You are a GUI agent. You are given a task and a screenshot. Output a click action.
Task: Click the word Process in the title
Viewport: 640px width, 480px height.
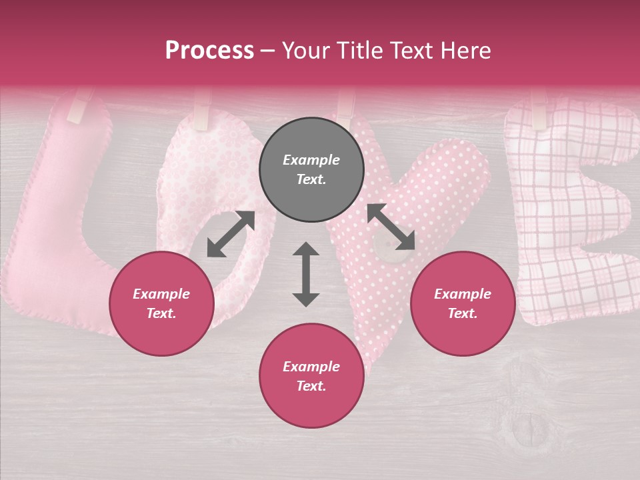pos(209,51)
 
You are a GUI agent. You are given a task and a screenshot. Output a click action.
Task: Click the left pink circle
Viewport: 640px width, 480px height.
pos(161,303)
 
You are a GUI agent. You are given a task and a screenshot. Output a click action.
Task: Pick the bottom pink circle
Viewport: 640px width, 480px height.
pos(311,376)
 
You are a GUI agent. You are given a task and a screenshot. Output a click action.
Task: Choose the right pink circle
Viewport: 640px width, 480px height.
pos(463,303)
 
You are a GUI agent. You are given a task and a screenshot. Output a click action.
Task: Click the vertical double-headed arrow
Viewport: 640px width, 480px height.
pos(306,274)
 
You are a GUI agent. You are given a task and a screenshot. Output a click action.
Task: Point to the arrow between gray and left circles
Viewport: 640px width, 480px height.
pos(231,234)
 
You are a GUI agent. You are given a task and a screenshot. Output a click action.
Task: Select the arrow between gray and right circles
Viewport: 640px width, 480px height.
pos(391,227)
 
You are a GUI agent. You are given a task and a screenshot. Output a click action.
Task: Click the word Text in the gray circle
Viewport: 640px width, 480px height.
pos(311,179)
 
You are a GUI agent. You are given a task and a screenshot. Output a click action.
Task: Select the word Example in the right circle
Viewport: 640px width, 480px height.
pos(463,294)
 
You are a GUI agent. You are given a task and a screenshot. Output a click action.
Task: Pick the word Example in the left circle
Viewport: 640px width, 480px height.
pos(161,294)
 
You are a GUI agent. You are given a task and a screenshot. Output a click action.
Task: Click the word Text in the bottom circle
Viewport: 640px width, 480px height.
pos(311,386)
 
